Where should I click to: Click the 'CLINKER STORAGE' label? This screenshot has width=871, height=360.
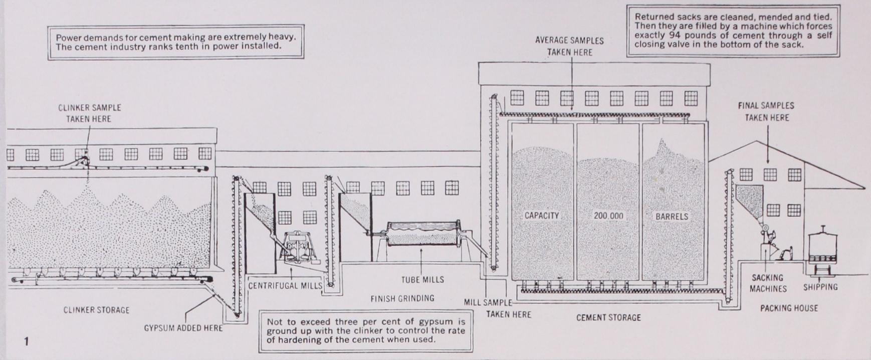coord(96,310)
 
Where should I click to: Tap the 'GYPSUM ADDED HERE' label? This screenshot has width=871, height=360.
coord(183,328)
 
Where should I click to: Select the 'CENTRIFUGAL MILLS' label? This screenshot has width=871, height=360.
coord(285,286)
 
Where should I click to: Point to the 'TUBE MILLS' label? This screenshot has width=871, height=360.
coord(422,280)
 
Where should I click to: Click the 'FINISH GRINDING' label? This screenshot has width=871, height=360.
coord(402,298)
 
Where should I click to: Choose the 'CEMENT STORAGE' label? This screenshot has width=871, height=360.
coord(608,317)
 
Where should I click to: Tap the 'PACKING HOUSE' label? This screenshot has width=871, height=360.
coord(789,308)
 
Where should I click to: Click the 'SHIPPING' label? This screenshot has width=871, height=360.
coord(820,287)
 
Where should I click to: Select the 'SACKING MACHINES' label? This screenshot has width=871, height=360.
coord(768,283)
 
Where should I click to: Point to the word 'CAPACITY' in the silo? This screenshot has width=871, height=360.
coord(541,216)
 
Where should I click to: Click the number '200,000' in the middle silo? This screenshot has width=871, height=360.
coord(608,216)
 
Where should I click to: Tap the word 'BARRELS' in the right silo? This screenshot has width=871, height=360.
coord(672,217)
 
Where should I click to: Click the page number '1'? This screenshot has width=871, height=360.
coord(27,341)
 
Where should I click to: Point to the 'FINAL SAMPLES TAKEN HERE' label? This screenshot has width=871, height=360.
coord(766,111)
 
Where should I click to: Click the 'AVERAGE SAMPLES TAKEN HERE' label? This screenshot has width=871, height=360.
coord(569,46)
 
